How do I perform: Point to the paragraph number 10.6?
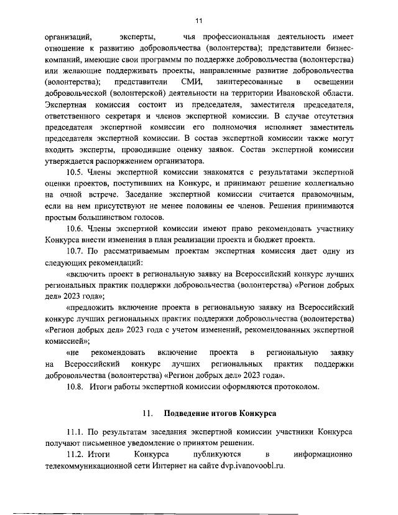(x=77, y=229)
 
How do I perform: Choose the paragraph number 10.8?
(x=77, y=387)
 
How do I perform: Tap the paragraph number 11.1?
(x=77, y=432)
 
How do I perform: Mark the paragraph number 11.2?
(x=77, y=455)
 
